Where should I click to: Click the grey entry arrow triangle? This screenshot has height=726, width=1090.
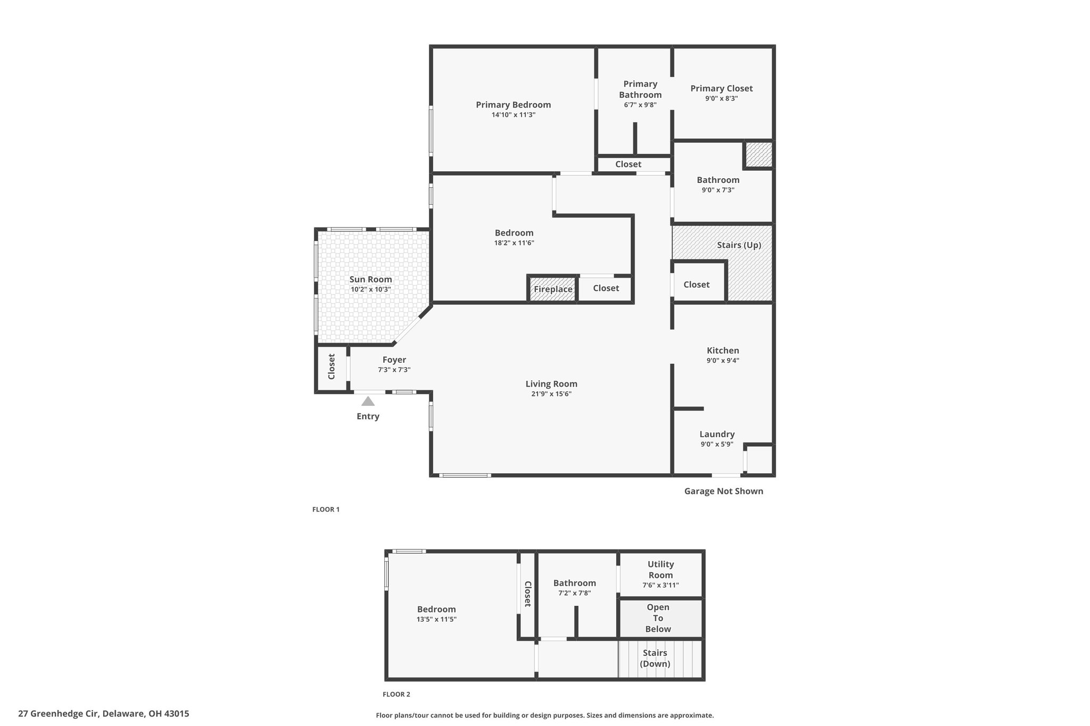(368, 401)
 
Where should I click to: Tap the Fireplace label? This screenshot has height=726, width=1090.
(553, 289)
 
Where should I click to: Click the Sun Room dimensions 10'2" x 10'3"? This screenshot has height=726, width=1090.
(370, 290)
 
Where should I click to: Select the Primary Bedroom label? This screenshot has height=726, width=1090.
(513, 105)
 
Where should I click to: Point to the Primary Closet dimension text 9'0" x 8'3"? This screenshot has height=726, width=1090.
(721, 98)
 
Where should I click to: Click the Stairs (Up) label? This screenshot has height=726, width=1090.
(739, 245)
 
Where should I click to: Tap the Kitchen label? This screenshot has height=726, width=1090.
(723, 351)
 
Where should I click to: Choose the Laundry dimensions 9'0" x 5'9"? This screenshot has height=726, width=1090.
(717, 444)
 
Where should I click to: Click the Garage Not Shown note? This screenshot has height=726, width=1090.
(723, 491)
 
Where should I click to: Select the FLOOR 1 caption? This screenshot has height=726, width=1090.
(326, 510)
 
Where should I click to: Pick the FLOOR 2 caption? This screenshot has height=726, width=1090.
(397, 694)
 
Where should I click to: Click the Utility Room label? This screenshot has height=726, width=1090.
(660, 570)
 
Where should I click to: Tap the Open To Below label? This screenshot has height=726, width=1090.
(658, 618)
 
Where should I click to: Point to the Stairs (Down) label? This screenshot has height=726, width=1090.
(655, 658)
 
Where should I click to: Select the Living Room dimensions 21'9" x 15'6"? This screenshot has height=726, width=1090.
(551, 394)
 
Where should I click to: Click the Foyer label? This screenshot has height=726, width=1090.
(394, 360)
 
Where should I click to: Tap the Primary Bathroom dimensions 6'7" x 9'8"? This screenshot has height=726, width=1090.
(640, 105)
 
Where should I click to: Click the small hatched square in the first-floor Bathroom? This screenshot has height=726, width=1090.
(758, 154)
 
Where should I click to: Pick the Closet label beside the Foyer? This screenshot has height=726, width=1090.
(332, 366)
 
